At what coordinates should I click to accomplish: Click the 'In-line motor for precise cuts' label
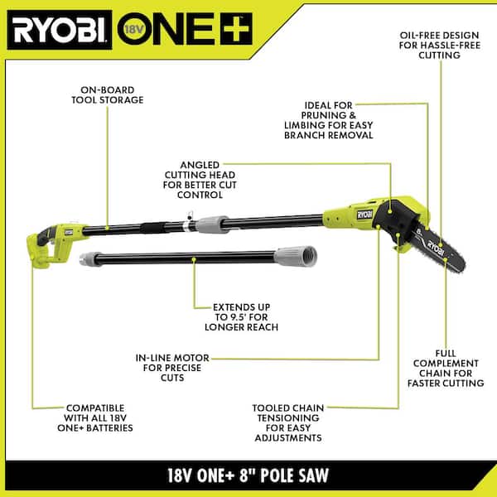point(173,367)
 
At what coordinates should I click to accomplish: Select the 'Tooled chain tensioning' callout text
point(288,422)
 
